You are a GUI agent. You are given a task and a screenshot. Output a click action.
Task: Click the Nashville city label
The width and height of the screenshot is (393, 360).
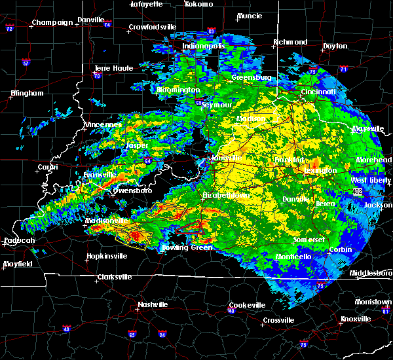point(152,304)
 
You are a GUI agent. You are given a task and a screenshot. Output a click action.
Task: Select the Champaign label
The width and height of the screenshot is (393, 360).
point(53,22)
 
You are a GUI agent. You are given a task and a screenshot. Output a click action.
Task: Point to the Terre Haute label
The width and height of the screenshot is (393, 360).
point(115,68)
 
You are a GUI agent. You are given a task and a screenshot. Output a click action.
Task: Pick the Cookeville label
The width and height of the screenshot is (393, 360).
point(247,305)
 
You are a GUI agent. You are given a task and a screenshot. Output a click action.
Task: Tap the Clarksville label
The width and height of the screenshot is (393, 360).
point(114,277)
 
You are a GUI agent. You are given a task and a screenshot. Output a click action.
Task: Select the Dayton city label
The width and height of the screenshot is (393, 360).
point(335,46)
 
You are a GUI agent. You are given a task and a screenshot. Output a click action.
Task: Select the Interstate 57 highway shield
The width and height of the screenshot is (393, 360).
point(26,63)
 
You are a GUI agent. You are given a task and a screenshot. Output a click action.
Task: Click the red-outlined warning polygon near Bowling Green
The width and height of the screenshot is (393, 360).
point(190,227)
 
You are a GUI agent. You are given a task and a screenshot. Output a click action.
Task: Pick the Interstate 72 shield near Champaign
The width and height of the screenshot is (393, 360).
point(9,29)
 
